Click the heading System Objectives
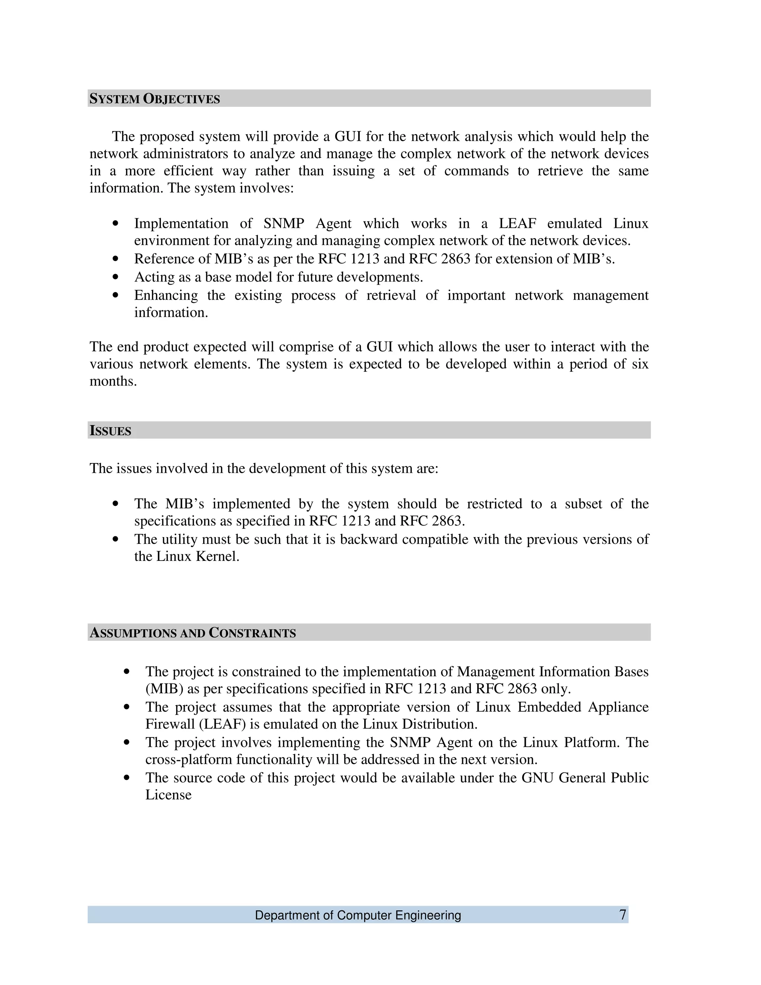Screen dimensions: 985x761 coord(155,99)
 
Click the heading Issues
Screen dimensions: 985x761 coord(110,431)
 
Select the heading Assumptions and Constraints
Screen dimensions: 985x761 coord(192,633)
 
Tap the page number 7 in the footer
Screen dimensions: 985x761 coord(623,915)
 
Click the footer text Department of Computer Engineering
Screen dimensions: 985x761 coord(358,915)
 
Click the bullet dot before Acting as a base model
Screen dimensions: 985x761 coord(116,277)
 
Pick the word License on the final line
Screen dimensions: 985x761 coord(168,795)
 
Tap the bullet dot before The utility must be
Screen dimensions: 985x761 coord(116,539)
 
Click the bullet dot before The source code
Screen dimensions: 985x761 coord(127,778)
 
